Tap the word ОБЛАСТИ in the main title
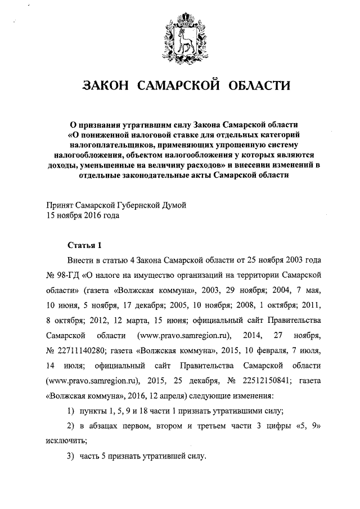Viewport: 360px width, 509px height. [259, 86]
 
